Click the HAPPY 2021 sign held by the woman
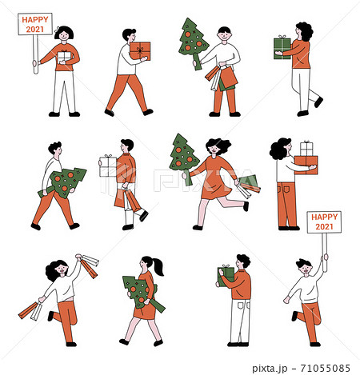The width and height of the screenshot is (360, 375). point(34,24)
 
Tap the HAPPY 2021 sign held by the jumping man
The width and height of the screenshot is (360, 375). point(324,221)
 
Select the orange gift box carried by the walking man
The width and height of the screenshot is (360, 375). point(140,51)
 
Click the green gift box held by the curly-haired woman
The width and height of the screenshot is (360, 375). point(282,48)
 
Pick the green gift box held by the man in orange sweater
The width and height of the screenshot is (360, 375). point(226,275)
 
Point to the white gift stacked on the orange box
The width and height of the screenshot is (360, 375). point(306,149)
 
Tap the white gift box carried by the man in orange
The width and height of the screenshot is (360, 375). point(107,166)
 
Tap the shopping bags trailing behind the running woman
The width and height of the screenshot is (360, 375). point(247,186)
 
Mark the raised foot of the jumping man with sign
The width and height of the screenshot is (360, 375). point(294,315)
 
